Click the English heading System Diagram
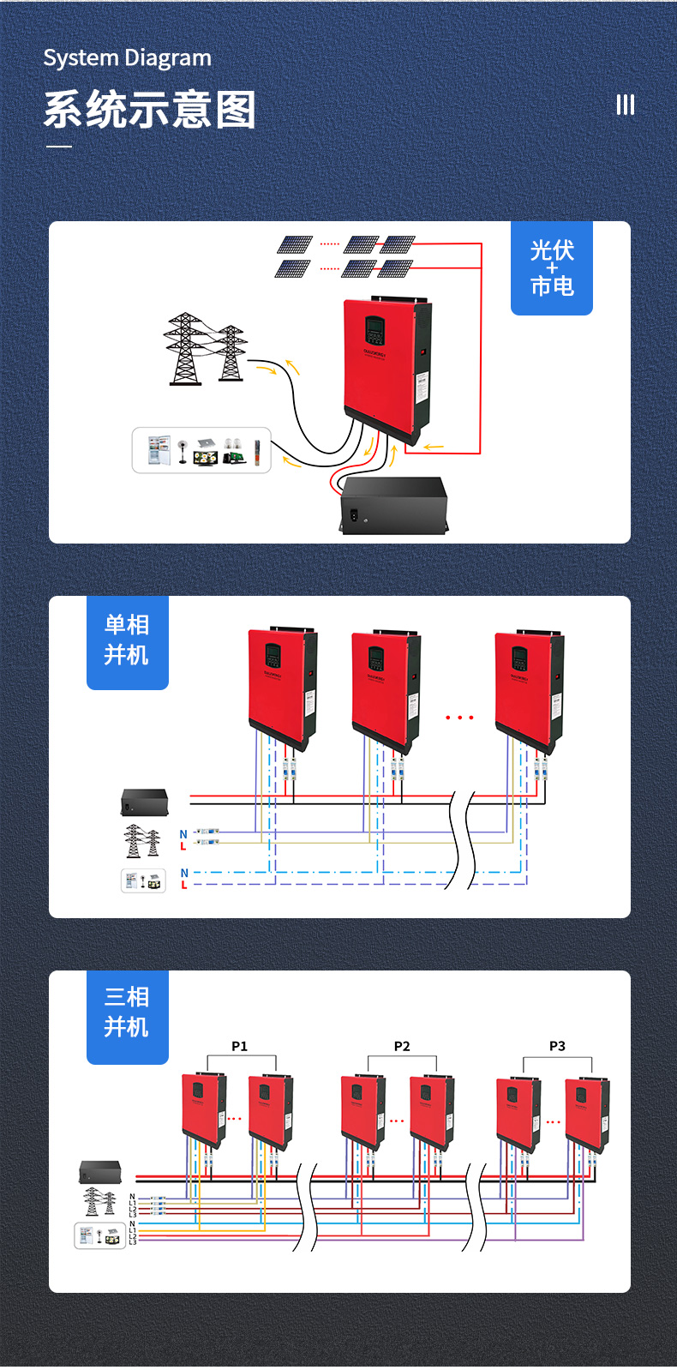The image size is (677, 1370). pos(127,58)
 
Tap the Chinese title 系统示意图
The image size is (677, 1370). pos(150,111)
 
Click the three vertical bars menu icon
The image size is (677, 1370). pos(626,105)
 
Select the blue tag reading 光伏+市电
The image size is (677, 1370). pos(552,268)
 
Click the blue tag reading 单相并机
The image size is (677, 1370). pos(127,640)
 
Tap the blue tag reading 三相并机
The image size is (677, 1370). pos(127,1013)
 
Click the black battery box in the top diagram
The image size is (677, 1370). pos(394,506)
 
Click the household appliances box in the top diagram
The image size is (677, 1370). pos(201,450)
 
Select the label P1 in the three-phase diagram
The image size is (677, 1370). pos(239,1046)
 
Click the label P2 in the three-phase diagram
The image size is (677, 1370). pos(402,1046)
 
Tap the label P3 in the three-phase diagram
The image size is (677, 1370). pos(557,1046)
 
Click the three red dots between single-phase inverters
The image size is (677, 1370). pos(459,718)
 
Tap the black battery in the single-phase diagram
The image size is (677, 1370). pos(144,802)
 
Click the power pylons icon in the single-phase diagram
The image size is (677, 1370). pos(142,841)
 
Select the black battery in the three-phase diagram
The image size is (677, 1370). pos(100,1172)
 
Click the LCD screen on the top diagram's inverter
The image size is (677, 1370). pos(374,329)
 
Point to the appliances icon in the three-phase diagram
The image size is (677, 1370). pos(99,1235)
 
